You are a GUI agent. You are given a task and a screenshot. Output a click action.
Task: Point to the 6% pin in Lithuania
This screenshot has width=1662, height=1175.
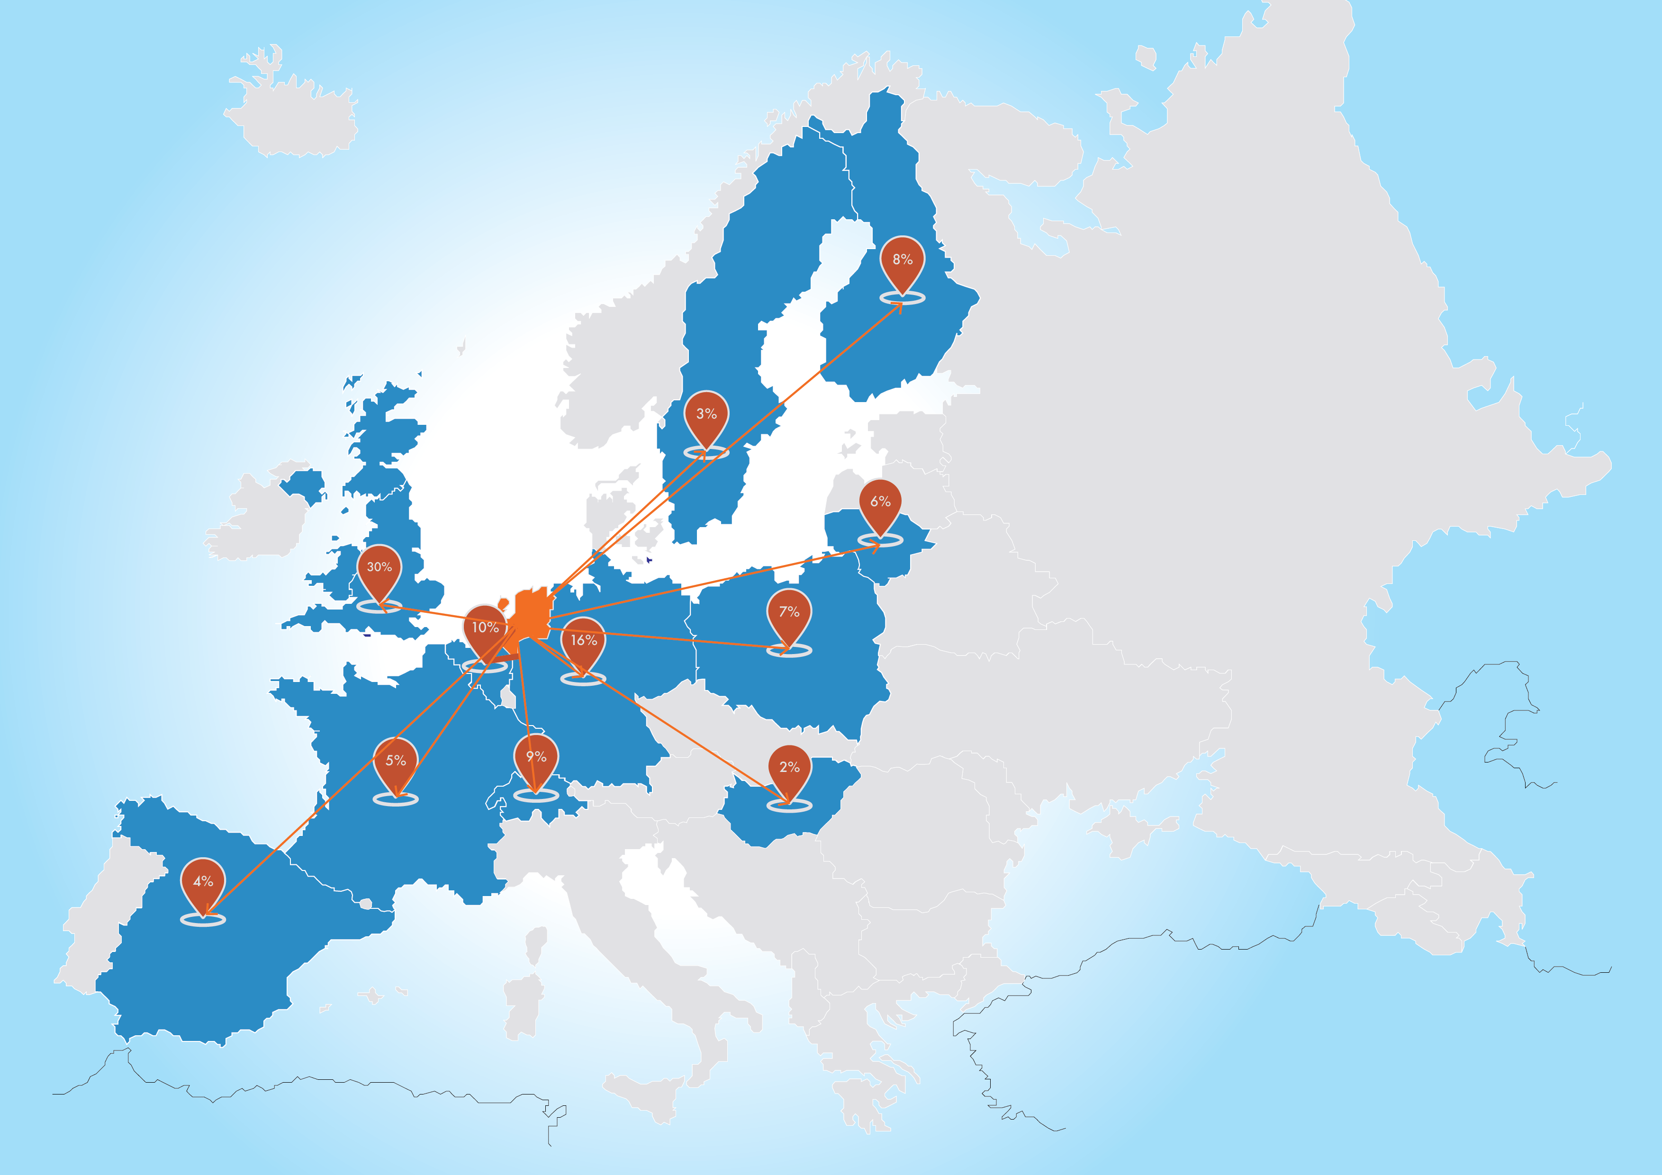[880, 502]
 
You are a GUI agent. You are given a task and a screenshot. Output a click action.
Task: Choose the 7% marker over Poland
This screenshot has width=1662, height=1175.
[789, 613]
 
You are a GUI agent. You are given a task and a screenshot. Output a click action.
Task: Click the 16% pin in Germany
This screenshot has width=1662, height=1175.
[583, 641]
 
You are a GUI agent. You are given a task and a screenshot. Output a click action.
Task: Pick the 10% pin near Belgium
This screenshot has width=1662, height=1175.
[485, 628]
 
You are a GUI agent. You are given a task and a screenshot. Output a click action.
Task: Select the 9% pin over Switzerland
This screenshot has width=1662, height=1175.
[536, 758]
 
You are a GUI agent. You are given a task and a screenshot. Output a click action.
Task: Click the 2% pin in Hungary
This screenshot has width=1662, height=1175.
[789, 768]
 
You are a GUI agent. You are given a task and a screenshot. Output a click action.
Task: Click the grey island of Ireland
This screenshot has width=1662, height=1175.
[261, 517]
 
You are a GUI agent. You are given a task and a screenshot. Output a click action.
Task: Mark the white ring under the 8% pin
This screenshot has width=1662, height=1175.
[902, 298]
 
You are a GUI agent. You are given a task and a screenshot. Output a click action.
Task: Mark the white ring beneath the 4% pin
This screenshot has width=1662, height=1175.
[203, 920]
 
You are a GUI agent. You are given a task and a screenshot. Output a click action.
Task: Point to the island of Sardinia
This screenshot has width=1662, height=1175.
[523, 1006]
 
